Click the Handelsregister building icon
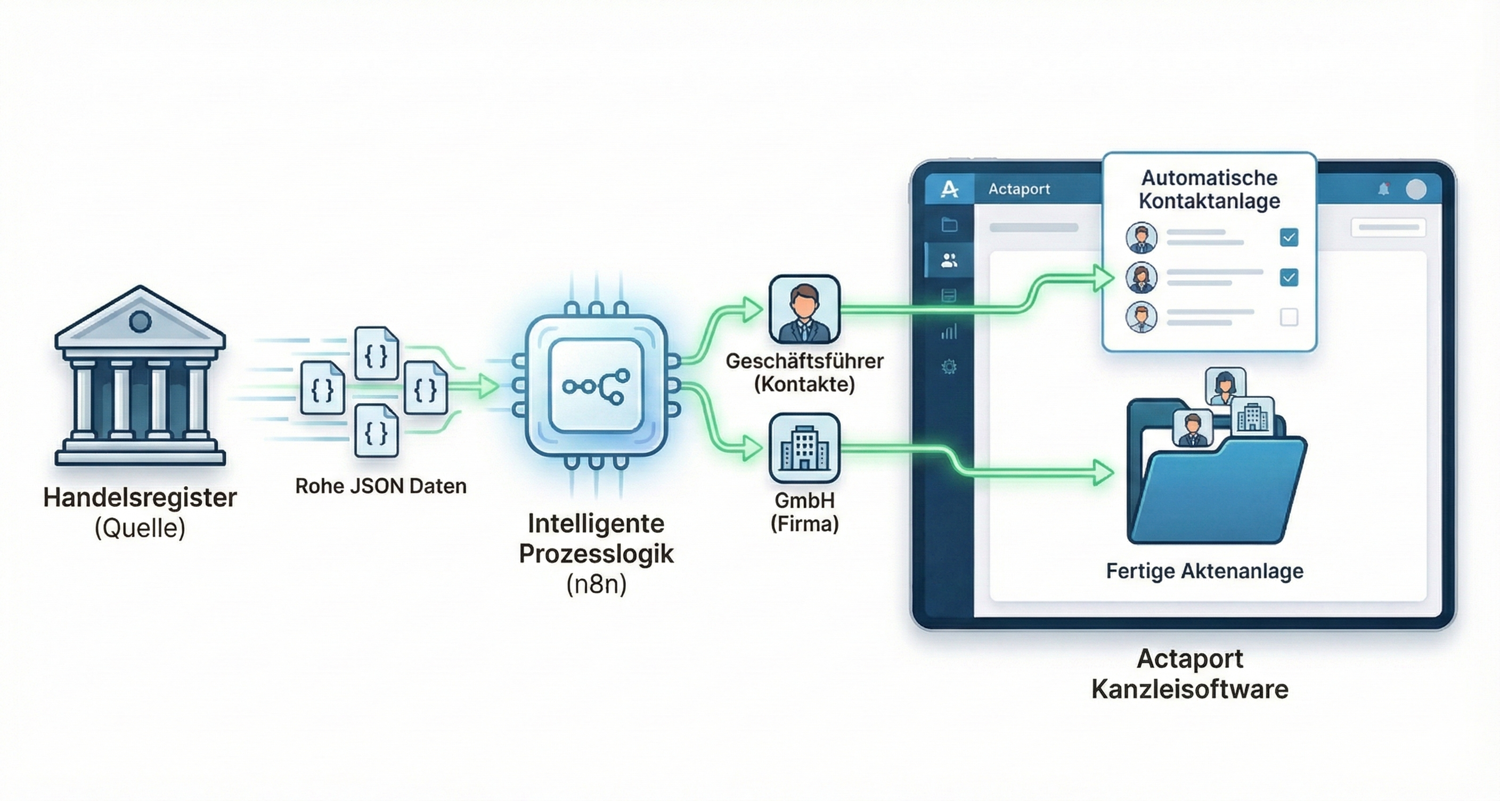click(140, 378)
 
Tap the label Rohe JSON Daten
click(381, 486)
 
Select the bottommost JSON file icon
click(376, 431)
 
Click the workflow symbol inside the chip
click(596, 386)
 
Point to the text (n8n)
click(596, 584)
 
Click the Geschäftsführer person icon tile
click(804, 309)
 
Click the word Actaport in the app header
click(1019, 189)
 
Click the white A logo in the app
click(949, 189)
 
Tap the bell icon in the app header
click(1384, 189)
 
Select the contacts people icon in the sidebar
click(949, 260)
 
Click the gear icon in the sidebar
click(949, 367)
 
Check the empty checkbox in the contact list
click(1289, 317)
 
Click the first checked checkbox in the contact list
click(1289, 238)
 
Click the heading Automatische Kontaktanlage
click(1209, 189)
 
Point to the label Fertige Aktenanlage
click(1204, 570)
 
